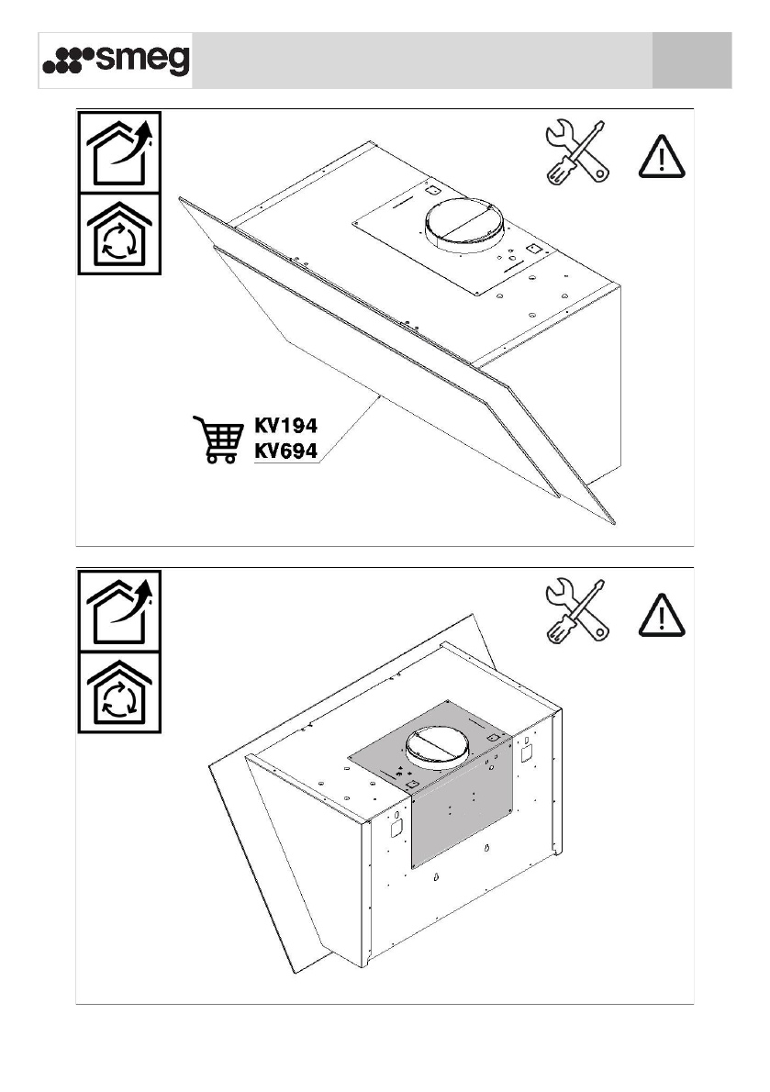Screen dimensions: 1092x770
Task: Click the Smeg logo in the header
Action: [x=117, y=61]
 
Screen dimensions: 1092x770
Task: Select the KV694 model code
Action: [x=285, y=451]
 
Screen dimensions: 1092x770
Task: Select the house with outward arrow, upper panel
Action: [x=118, y=152]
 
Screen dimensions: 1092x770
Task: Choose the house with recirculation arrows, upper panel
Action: [x=118, y=234]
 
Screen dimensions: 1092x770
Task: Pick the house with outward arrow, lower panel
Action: [x=118, y=611]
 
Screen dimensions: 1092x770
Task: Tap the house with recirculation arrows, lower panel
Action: [x=118, y=693]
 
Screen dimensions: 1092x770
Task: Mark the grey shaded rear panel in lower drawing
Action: [x=459, y=808]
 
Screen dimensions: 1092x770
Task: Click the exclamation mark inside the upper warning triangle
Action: [x=661, y=158]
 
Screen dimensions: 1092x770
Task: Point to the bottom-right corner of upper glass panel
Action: [x=612, y=525]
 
